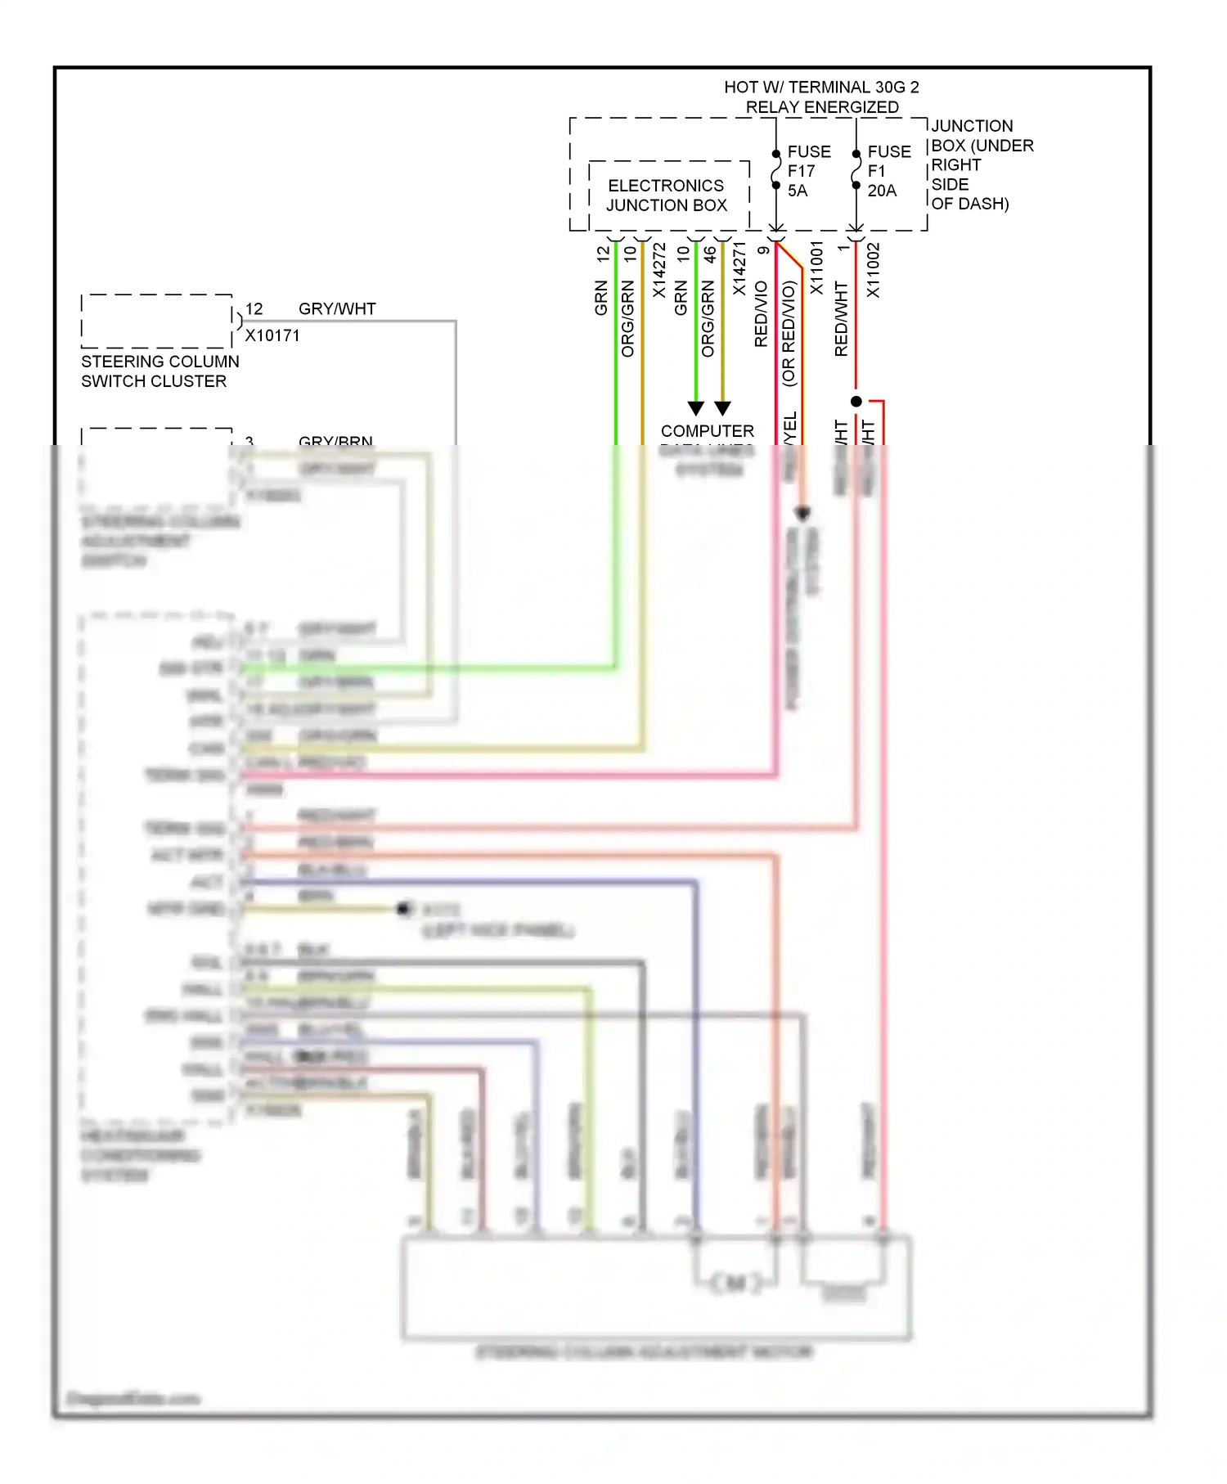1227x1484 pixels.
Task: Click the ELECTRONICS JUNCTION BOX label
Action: [x=666, y=196]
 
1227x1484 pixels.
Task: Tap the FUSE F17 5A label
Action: [x=808, y=171]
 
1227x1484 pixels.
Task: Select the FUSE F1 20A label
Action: [x=888, y=171]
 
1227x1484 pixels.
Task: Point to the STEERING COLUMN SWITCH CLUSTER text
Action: [x=160, y=371]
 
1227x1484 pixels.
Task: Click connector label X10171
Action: [x=272, y=335]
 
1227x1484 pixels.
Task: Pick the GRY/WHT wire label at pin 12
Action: [x=337, y=309]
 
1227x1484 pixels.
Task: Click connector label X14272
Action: [x=658, y=270]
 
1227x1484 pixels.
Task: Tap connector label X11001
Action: [x=816, y=268]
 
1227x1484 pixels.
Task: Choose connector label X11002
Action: [x=873, y=270]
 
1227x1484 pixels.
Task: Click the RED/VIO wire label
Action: [x=761, y=314]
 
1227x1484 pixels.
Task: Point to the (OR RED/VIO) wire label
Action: [x=789, y=334]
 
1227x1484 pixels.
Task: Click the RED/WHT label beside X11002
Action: [x=841, y=319]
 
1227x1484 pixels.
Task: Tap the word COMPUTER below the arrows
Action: [x=707, y=431]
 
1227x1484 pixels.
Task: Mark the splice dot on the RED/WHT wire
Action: [x=856, y=402]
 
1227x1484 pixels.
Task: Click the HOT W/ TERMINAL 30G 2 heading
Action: [x=821, y=88]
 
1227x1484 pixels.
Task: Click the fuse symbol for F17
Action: [x=775, y=169]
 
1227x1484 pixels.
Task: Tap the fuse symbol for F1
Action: [x=856, y=169]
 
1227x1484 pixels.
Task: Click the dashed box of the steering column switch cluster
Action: [x=156, y=321]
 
